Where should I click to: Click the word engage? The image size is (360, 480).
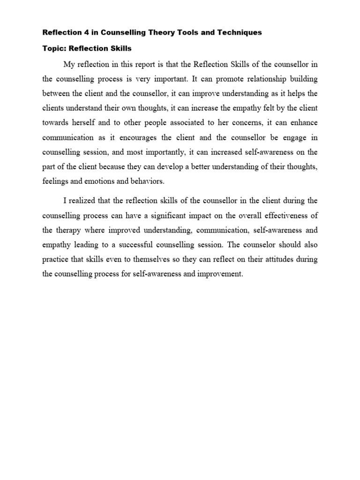(295, 138)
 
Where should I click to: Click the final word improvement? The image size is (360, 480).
(221, 274)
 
